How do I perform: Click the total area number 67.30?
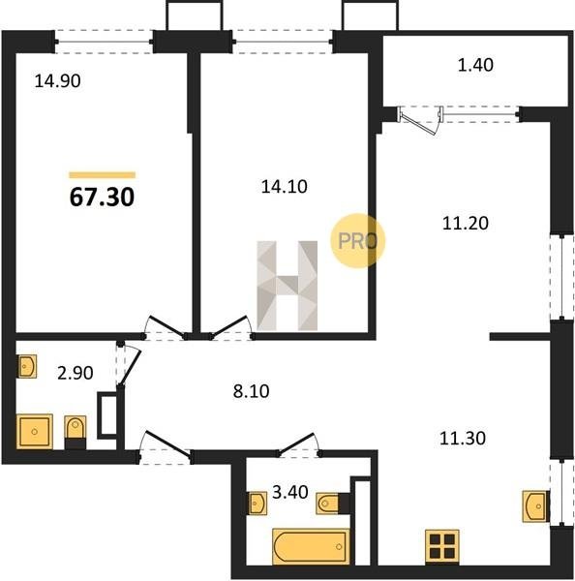point(102,197)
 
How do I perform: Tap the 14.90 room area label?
point(57,80)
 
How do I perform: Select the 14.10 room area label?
point(285,186)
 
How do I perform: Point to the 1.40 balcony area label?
point(475,65)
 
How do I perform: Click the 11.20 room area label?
point(466,223)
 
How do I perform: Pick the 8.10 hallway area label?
point(251,391)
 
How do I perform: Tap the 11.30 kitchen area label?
point(463,439)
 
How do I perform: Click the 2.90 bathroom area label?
point(76,373)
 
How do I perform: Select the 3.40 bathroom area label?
point(290,493)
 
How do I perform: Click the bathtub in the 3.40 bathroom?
point(311,546)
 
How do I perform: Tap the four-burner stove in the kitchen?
point(442,546)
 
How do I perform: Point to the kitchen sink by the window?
point(535,506)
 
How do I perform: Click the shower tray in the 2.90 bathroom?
point(35,431)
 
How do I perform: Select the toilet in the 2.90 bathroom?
point(76,432)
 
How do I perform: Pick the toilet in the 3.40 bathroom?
point(333,504)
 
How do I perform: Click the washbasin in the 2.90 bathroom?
point(27,366)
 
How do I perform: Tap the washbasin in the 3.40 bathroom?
point(257,504)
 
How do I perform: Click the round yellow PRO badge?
point(357,241)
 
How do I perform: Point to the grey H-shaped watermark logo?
point(287,286)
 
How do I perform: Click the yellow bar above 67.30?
point(103,175)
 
